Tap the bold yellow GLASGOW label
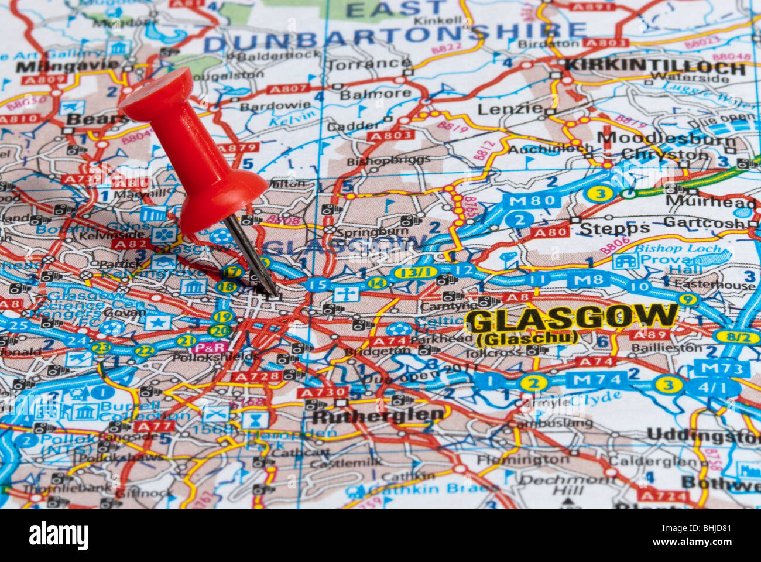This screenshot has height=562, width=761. (x=572, y=318)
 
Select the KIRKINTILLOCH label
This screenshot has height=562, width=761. (x=656, y=66)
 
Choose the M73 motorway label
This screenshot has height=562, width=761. (x=721, y=369)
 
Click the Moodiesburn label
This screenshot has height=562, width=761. (x=666, y=139)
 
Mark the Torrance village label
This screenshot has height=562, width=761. (x=369, y=64)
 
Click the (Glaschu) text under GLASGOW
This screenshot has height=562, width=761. (x=527, y=338)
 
